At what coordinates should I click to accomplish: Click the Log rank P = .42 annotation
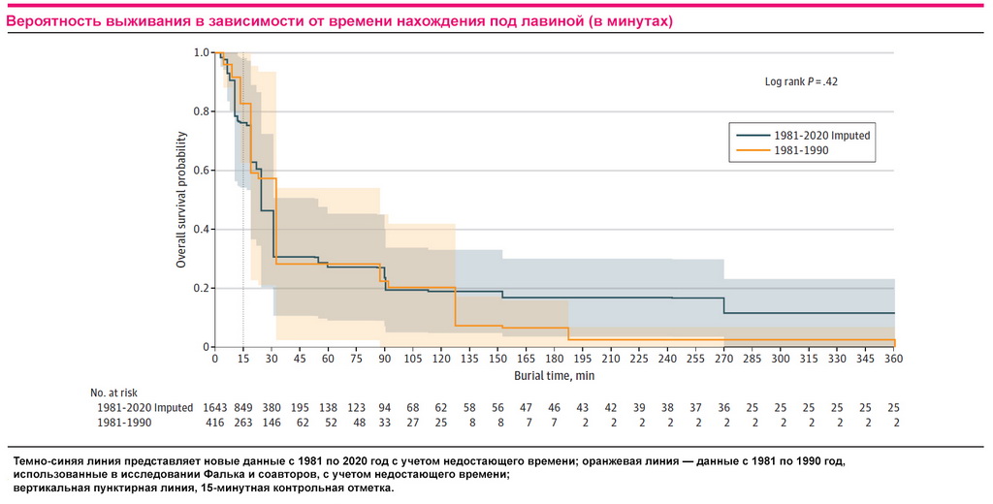coord(801,82)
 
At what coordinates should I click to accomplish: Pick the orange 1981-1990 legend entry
coord(802,151)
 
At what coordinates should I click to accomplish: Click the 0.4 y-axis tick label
coord(201,230)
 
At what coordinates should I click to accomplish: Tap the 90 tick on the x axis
coord(385,359)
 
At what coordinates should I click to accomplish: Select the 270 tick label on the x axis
coord(723,359)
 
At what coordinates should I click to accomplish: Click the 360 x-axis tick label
coord(893,359)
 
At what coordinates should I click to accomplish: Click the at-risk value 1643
coord(215,408)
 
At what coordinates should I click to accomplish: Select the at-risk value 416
coord(215,424)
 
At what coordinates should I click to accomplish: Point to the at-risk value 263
coord(243,424)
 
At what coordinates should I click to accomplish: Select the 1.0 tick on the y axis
coord(201,52)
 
